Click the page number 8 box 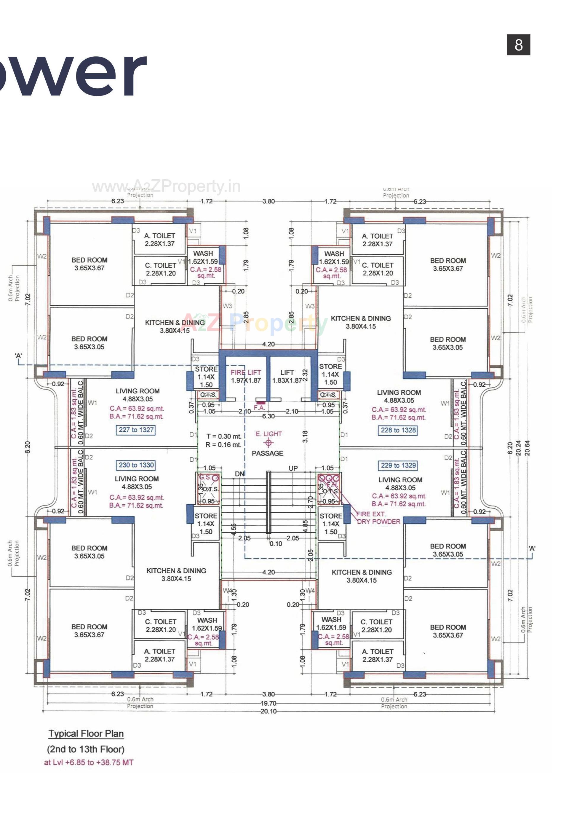(518, 45)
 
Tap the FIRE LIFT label (246, 372)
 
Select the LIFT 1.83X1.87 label (287, 376)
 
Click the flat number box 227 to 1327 (136, 430)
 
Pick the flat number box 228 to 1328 (398, 430)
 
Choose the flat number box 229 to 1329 (398, 465)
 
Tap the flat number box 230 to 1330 (136, 465)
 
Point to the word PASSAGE (267, 453)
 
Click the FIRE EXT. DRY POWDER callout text (378, 518)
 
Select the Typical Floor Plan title (86, 734)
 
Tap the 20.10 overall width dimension (268, 712)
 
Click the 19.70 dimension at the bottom (268, 703)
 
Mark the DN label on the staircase (240, 474)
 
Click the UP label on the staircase (293, 468)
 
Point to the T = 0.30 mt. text (224, 436)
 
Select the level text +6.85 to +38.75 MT (89, 763)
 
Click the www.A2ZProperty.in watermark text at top (166, 186)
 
